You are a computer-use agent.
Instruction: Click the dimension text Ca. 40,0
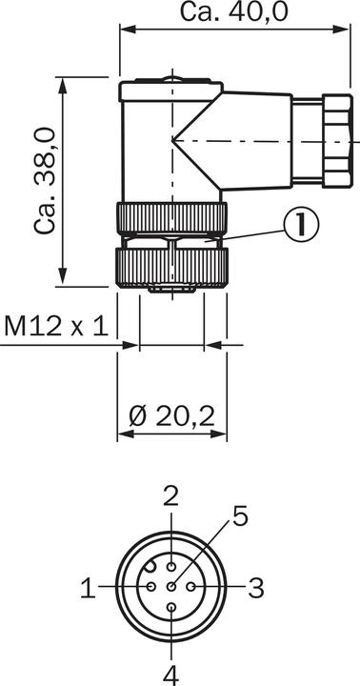pos(234,11)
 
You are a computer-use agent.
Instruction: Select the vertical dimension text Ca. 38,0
pos(46,181)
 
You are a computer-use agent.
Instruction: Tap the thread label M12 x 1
pos(56,327)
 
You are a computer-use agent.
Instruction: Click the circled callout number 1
pos(301,224)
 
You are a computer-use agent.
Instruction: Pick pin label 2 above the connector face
pos(171,497)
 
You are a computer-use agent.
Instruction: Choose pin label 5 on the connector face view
pos(240,515)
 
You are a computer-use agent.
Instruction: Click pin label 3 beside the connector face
pos(256,588)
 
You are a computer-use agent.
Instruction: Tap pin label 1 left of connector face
pos(88,587)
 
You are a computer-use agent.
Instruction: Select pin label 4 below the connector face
pos(171,676)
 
